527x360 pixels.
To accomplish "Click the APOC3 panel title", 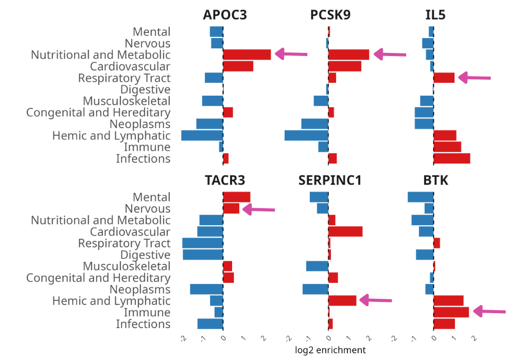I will pos(225,15).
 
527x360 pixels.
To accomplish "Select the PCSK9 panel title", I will pos(330,15).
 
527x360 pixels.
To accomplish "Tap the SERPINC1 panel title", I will pos(330,181).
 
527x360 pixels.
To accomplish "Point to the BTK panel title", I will pos(435,181).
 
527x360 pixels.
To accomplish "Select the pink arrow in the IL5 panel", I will pos(474,78).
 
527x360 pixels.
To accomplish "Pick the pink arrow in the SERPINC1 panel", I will pos(375,300).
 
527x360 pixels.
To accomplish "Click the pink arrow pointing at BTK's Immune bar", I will pos(489,311).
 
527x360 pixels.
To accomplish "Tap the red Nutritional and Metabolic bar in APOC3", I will pos(247,55).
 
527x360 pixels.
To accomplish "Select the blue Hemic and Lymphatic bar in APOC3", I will pos(202,136).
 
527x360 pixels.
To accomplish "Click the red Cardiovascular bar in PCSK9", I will pos(345,66).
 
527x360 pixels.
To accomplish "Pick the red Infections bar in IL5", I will pos(452,158).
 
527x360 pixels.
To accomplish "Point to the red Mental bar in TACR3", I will pos(237,197).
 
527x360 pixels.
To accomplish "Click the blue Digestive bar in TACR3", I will pos(203,255).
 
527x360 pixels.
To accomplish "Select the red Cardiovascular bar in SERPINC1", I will pos(345,231).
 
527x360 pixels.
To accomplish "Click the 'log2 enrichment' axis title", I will pos(330,350).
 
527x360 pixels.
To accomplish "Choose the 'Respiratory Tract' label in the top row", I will pos(124,78).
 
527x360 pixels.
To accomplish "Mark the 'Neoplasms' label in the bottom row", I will pos(139,290).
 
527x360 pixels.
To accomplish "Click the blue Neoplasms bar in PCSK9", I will pos(315,124).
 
